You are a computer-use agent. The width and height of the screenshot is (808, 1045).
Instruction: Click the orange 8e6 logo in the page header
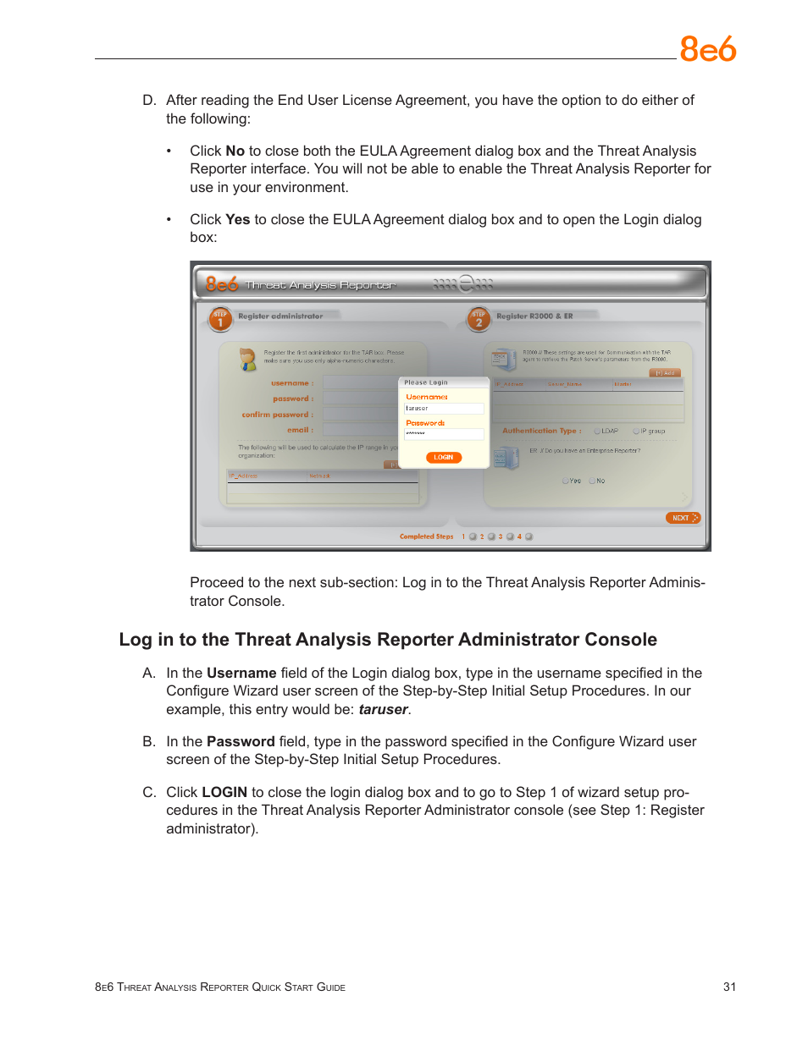pyautogui.click(x=708, y=50)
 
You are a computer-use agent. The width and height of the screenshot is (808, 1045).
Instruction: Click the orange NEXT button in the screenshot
pyautogui.click(x=683, y=518)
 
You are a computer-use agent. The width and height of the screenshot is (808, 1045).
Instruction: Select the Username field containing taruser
pyautogui.click(x=444, y=409)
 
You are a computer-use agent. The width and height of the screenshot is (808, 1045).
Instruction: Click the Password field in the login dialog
pyautogui.click(x=444, y=434)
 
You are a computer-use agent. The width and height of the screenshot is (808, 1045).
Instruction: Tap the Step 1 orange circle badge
pyautogui.click(x=220, y=319)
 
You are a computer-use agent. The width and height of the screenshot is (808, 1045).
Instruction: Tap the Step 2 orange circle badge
pyautogui.click(x=479, y=319)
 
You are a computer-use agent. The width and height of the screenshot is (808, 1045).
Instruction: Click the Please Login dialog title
pyautogui.click(x=426, y=382)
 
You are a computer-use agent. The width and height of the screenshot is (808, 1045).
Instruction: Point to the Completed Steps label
pyautogui.click(x=426, y=536)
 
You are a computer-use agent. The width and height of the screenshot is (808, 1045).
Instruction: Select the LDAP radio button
pyautogui.click(x=597, y=431)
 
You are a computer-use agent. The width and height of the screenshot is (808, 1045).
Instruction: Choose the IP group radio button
pyautogui.click(x=636, y=431)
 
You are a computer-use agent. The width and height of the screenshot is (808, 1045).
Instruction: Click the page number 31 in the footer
pyautogui.click(x=729, y=987)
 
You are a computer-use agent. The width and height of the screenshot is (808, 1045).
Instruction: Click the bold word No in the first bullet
pyautogui.click(x=235, y=151)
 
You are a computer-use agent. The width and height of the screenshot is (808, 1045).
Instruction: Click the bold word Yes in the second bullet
pyautogui.click(x=237, y=219)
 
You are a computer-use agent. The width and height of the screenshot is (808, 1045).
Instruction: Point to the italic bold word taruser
pyautogui.click(x=383, y=709)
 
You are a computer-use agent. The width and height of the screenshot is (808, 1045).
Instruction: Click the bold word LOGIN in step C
pyautogui.click(x=224, y=792)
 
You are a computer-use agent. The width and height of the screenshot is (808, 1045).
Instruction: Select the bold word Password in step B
pyautogui.click(x=241, y=741)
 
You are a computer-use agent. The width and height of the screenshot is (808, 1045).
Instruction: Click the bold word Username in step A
pyautogui.click(x=241, y=673)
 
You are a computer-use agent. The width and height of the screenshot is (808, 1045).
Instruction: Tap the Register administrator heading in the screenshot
pyautogui.click(x=280, y=316)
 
